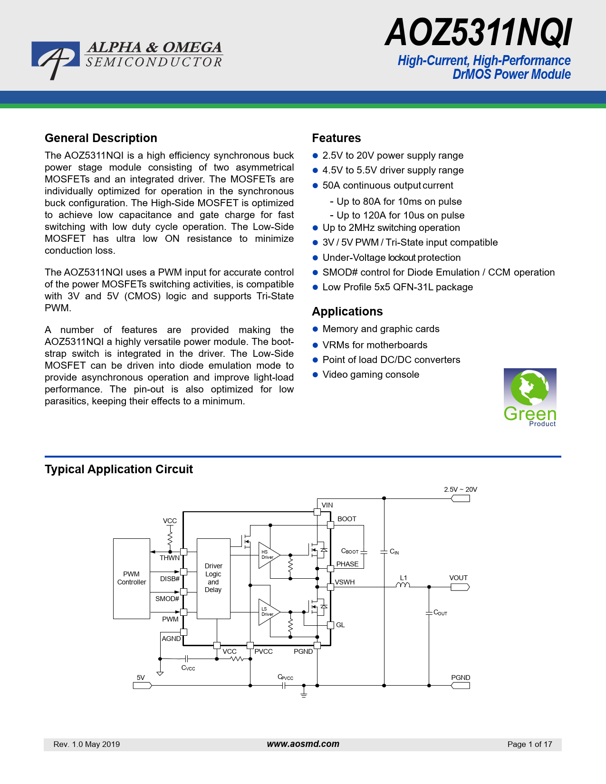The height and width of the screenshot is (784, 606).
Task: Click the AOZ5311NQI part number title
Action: pyautogui.click(x=478, y=33)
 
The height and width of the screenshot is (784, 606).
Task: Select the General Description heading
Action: pyautogui.click(x=101, y=138)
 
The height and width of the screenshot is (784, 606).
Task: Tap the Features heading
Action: pyautogui.click(x=337, y=138)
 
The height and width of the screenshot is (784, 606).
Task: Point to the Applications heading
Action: pyautogui.click(x=347, y=312)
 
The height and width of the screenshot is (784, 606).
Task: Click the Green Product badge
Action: pyautogui.click(x=530, y=398)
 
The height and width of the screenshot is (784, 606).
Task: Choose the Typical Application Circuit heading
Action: pyautogui.click(x=119, y=469)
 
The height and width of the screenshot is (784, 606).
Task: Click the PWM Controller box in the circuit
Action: pyautogui.click(x=132, y=578)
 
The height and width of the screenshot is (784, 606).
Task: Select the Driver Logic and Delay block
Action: pyautogui.click(x=213, y=578)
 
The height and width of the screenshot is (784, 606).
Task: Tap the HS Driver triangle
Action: pyautogui.click(x=268, y=555)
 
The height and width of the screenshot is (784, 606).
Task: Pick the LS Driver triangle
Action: pyautogui.click(x=268, y=612)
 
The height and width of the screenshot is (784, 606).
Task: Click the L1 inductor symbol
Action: pyautogui.click(x=403, y=585)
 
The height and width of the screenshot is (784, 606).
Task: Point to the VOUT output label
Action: pyautogui.click(x=459, y=578)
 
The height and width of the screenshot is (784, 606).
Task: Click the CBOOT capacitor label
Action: pyautogui.click(x=350, y=551)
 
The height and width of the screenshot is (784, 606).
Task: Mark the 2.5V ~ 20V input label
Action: pyautogui.click(x=461, y=489)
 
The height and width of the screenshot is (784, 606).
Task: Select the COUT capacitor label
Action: pyautogui.click(x=441, y=613)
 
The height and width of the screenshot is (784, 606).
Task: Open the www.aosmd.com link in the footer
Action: pyautogui.click(x=303, y=744)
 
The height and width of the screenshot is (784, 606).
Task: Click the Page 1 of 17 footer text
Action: pyautogui.click(x=529, y=744)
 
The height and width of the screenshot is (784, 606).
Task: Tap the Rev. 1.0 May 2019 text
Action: pyautogui.click(x=87, y=744)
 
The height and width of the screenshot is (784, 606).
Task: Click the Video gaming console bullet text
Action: pyautogui.click(x=371, y=374)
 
